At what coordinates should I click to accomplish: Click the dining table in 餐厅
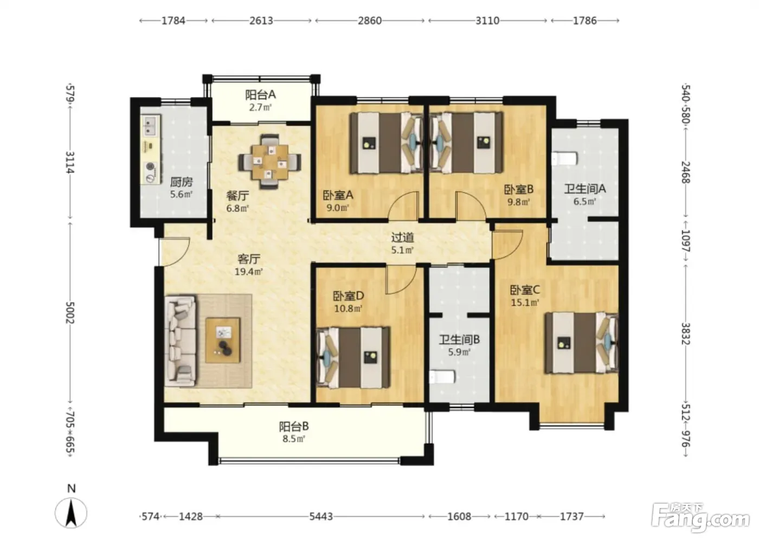pyautogui.click(x=270, y=162)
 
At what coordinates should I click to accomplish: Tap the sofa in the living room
pyautogui.click(x=181, y=341)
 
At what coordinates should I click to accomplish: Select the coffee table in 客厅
pyautogui.click(x=223, y=340)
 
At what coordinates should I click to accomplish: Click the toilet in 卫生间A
pyautogui.click(x=564, y=158)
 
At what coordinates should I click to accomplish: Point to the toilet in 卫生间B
pyautogui.click(x=442, y=377)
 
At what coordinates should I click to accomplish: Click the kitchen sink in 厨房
pyautogui.click(x=150, y=126)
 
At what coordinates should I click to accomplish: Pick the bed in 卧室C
pyautogui.click(x=582, y=343)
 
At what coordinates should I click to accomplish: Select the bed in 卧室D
pyautogui.click(x=353, y=357)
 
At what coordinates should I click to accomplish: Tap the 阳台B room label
pyautogui.click(x=294, y=426)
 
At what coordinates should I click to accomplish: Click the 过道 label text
pyautogui.click(x=402, y=237)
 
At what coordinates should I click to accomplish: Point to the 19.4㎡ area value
pyautogui.click(x=249, y=271)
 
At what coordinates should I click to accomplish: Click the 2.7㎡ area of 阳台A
pyautogui.click(x=260, y=107)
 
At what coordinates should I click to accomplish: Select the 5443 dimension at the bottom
pyautogui.click(x=321, y=516)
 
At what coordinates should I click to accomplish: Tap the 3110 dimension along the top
pyautogui.click(x=487, y=21)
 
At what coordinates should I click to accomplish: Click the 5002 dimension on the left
pyautogui.click(x=70, y=312)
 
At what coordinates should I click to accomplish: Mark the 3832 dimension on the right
pyautogui.click(x=686, y=333)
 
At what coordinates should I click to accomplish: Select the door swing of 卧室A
pyautogui.click(x=404, y=207)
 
